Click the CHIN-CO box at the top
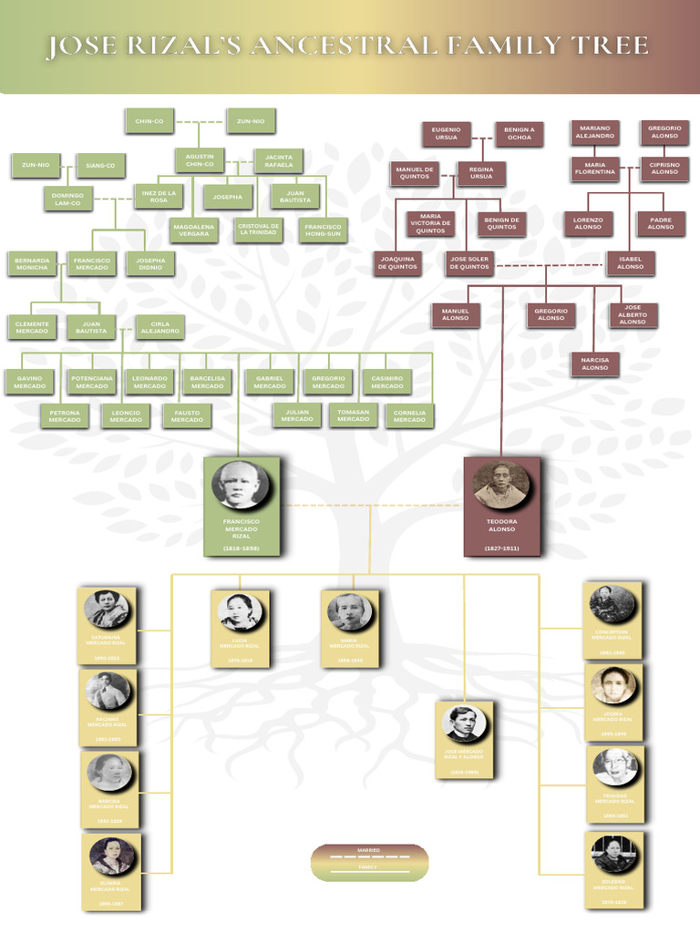149,121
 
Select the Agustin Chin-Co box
199,160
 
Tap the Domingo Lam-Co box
67,199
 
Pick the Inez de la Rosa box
159,196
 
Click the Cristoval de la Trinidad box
258,230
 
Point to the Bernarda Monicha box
31,264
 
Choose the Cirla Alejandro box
160,327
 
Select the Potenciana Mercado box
91,382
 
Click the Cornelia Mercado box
409,416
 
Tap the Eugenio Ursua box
446,134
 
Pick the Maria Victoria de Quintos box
430,223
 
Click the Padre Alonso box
661,223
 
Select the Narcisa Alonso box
594,364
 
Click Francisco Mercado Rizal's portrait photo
241,485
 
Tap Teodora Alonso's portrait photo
501,485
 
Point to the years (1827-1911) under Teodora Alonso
501,549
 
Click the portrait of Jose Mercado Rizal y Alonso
464,723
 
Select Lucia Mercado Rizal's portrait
240,612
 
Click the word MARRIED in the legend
368,850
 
